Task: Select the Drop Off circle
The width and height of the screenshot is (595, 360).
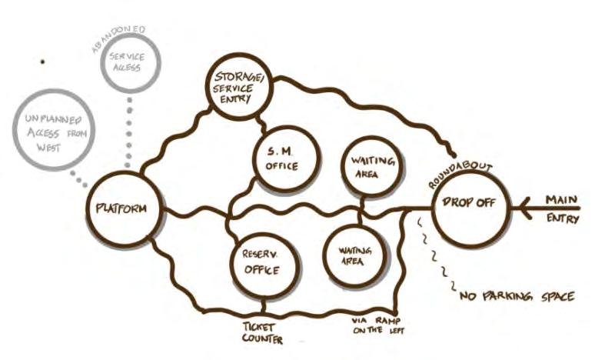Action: click(470, 205)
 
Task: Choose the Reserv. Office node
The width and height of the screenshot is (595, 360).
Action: click(262, 262)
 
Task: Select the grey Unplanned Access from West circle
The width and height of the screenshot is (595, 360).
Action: click(53, 132)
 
